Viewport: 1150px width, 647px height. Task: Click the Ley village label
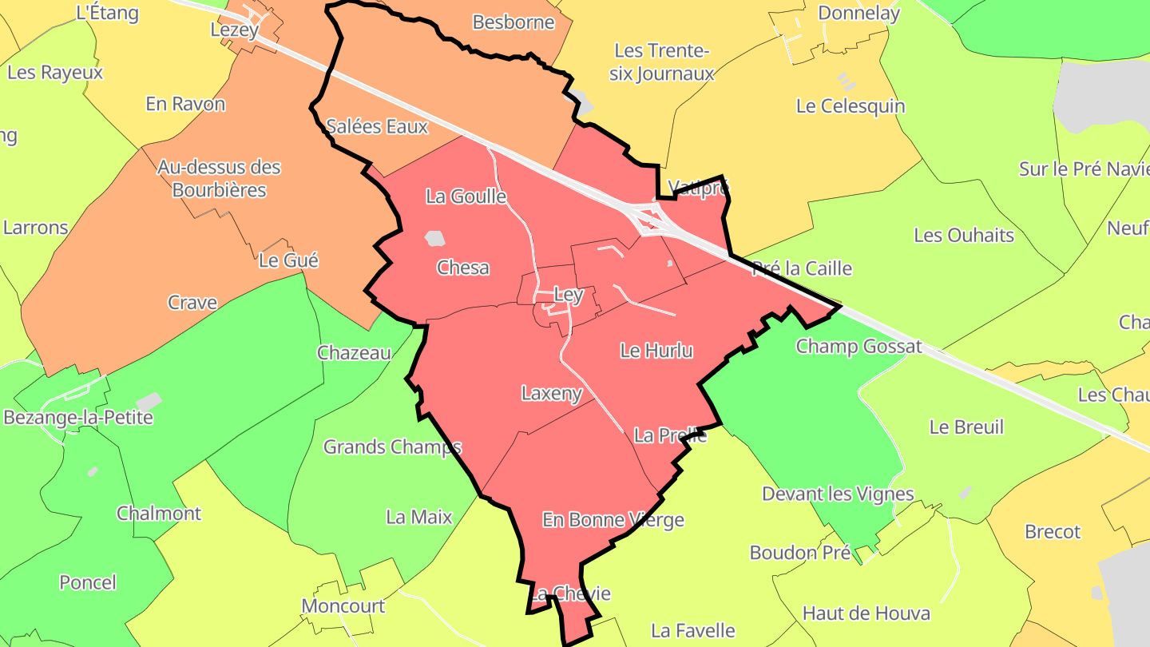(568, 295)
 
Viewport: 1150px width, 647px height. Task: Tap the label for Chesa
(463, 268)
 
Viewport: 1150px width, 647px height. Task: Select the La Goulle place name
(466, 196)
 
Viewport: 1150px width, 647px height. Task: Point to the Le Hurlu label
(656, 351)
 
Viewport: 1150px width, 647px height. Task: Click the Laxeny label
(552, 394)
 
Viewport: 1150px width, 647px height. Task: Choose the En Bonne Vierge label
(613, 521)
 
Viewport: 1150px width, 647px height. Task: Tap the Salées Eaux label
(378, 126)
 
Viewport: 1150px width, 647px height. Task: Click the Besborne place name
(514, 22)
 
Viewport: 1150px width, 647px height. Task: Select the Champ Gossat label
(859, 347)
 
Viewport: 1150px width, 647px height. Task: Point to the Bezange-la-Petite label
(78, 418)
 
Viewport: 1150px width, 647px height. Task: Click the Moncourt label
(343, 606)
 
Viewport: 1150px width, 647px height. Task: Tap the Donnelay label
(859, 14)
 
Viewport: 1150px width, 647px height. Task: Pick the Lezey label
(234, 30)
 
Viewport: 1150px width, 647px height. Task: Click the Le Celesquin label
(851, 106)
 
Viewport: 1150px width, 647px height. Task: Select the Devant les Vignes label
(838, 494)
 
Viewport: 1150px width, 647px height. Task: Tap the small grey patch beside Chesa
(434, 238)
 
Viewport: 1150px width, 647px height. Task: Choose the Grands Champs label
(392, 447)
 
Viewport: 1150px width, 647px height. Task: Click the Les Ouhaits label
(964, 236)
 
